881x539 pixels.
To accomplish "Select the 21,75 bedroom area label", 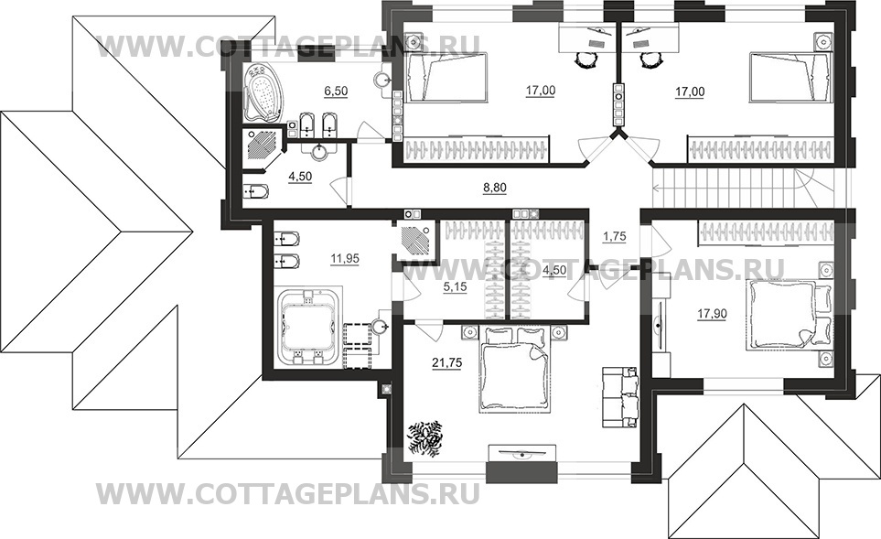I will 446,363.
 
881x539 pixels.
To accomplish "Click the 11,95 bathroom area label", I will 344,259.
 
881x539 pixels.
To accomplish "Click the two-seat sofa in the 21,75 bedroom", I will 620,396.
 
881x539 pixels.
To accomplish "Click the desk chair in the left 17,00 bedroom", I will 585,59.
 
